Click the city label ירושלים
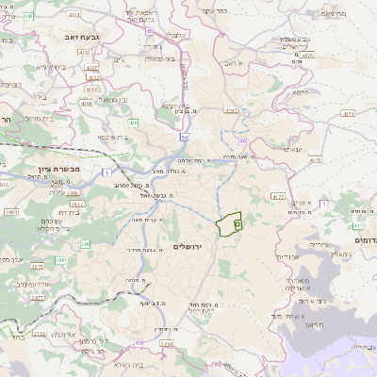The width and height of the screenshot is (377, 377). (x=195, y=246)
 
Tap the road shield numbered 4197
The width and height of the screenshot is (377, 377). (x=230, y=110)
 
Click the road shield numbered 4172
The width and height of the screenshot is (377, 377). (x=277, y=196)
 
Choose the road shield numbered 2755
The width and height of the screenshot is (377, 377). (x=39, y=333)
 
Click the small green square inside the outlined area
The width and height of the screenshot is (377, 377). (x=238, y=224)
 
